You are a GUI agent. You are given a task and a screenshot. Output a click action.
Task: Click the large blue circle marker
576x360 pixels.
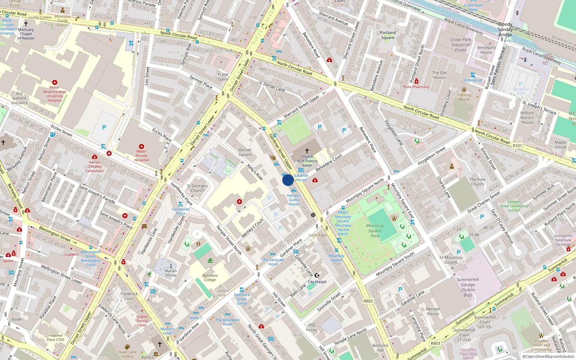[x=288, y=180]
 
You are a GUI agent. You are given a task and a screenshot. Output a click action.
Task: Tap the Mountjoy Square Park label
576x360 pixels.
[x=375, y=231]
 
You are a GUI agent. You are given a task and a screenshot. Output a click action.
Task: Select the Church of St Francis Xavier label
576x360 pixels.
[x=307, y=161]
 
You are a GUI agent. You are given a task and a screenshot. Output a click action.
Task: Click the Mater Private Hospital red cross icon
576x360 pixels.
[x=141, y=147]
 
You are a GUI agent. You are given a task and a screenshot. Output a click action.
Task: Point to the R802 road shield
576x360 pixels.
[x=368, y=301]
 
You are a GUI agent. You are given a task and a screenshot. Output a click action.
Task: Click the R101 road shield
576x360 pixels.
[x=517, y=145]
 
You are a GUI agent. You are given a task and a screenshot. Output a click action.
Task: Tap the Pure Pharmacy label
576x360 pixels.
[x=416, y=87]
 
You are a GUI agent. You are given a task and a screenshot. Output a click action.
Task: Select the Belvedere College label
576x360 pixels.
[x=210, y=278]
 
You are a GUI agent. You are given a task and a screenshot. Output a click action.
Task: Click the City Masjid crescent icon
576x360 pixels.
[x=317, y=275]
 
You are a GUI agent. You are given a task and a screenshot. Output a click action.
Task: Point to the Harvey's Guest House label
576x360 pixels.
[x=294, y=200]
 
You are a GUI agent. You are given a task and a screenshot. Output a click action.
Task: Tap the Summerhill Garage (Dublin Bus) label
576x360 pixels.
[x=468, y=287]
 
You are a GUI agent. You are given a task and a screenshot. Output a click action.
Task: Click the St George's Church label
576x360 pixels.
[x=197, y=188]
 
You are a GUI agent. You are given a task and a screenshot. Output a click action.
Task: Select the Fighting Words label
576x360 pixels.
[x=464, y=97]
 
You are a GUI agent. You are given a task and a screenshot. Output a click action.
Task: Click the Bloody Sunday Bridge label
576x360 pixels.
[x=505, y=30]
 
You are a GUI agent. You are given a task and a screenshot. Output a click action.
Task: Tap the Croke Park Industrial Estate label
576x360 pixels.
[x=461, y=45]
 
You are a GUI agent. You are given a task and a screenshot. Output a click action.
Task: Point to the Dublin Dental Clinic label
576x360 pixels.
[x=142, y=321]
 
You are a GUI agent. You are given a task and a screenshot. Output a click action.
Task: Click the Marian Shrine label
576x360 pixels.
[x=171, y=273]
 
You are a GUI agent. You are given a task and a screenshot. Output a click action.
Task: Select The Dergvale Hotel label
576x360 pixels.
[x=273, y=262]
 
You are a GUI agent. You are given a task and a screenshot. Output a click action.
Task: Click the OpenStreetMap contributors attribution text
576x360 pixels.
[x=548, y=356]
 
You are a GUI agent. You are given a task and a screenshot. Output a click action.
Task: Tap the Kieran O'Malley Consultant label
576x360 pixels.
[x=95, y=166]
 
